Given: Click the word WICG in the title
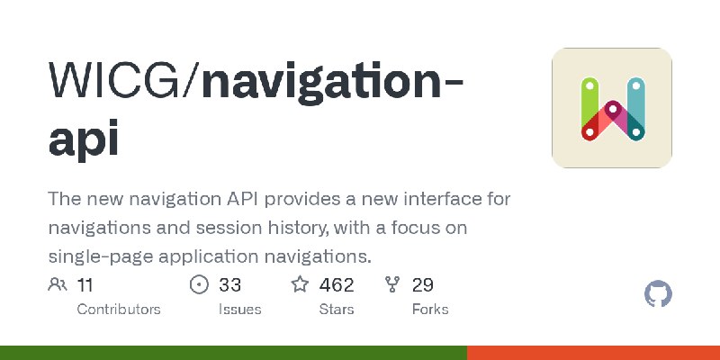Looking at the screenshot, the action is pyautogui.click(x=114, y=81).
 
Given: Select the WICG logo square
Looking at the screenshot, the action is pyautogui.click(x=612, y=108).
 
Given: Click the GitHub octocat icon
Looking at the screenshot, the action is pyautogui.click(x=658, y=294).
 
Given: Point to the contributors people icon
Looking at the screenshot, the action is pyautogui.click(x=58, y=284).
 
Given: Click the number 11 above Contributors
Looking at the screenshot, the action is pyautogui.click(x=85, y=285).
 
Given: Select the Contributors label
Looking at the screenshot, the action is pyautogui.click(x=119, y=309).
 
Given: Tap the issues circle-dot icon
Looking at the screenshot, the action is pyautogui.click(x=199, y=284).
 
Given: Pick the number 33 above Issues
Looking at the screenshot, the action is pyautogui.click(x=229, y=285).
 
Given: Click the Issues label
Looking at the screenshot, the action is pyautogui.click(x=239, y=309).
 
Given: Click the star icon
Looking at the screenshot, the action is pyautogui.click(x=300, y=284).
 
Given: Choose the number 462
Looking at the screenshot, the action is pyautogui.click(x=337, y=285).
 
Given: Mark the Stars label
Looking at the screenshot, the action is pyautogui.click(x=337, y=309).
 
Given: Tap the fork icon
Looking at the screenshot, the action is pyautogui.click(x=392, y=284).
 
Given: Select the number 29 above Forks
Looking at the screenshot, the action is pyautogui.click(x=422, y=285).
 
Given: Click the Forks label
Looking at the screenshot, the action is pyautogui.click(x=430, y=309).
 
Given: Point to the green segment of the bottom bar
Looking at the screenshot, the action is pyautogui.click(x=234, y=353).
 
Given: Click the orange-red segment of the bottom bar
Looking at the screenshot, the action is pyautogui.click(x=594, y=353).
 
